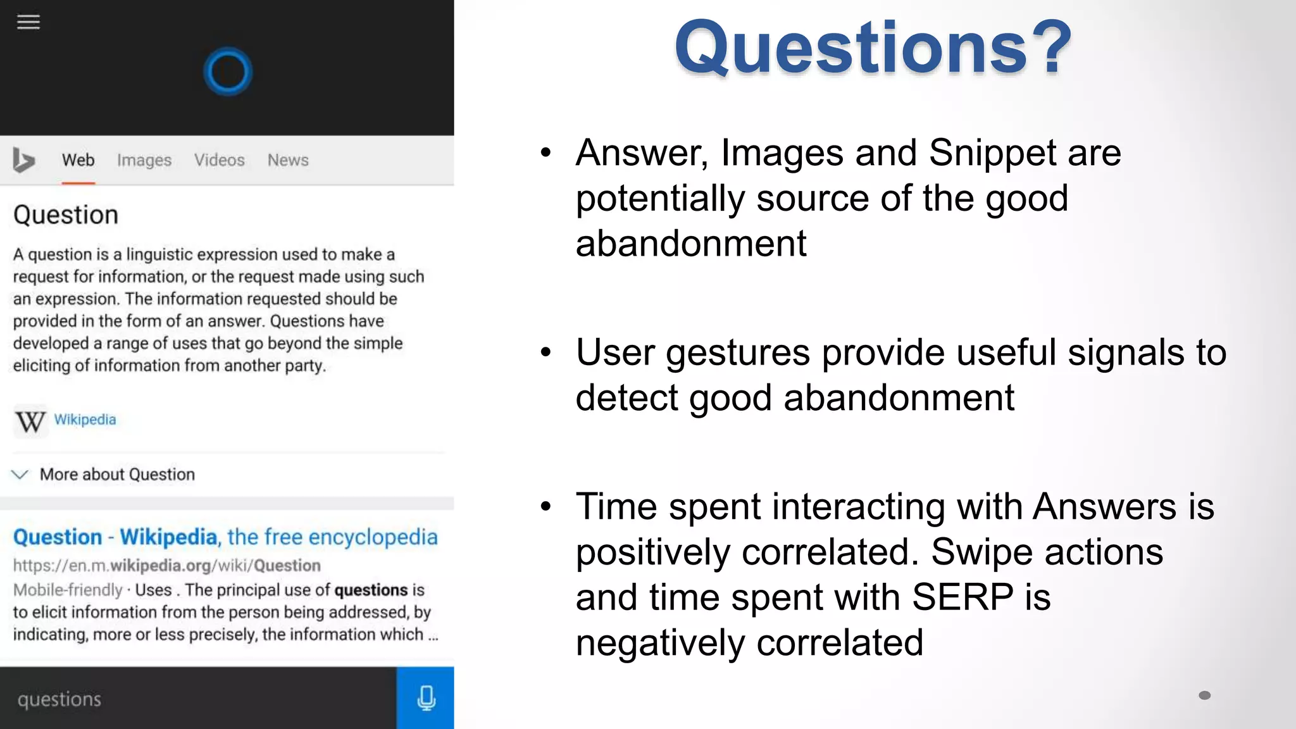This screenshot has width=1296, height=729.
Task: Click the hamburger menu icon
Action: click(x=28, y=22)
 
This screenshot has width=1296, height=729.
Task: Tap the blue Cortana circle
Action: click(x=228, y=72)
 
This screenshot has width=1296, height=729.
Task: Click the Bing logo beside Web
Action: click(x=23, y=160)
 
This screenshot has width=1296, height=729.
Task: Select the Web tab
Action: click(x=78, y=160)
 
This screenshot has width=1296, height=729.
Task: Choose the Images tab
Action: click(x=144, y=160)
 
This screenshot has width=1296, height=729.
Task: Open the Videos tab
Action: click(x=219, y=160)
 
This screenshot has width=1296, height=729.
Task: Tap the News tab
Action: click(x=288, y=160)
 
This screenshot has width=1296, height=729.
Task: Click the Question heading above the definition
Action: click(x=66, y=215)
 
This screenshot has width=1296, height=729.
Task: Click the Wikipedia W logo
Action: click(x=30, y=421)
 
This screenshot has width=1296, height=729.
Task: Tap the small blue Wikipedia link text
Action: click(x=85, y=420)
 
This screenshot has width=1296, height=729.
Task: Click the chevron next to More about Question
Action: click(x=20, y=475)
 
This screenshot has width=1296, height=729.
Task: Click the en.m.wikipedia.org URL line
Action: click(x=166, y=565)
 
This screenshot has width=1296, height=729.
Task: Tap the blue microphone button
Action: click(x=425, y=697)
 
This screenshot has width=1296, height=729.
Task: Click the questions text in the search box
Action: click(x=59, y=699)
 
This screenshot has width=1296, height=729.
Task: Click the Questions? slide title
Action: click(x=873, y=48)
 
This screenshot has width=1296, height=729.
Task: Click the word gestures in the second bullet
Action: click(x=737, y=352)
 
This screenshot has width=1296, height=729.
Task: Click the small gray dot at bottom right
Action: click(x=1204, y=695)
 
